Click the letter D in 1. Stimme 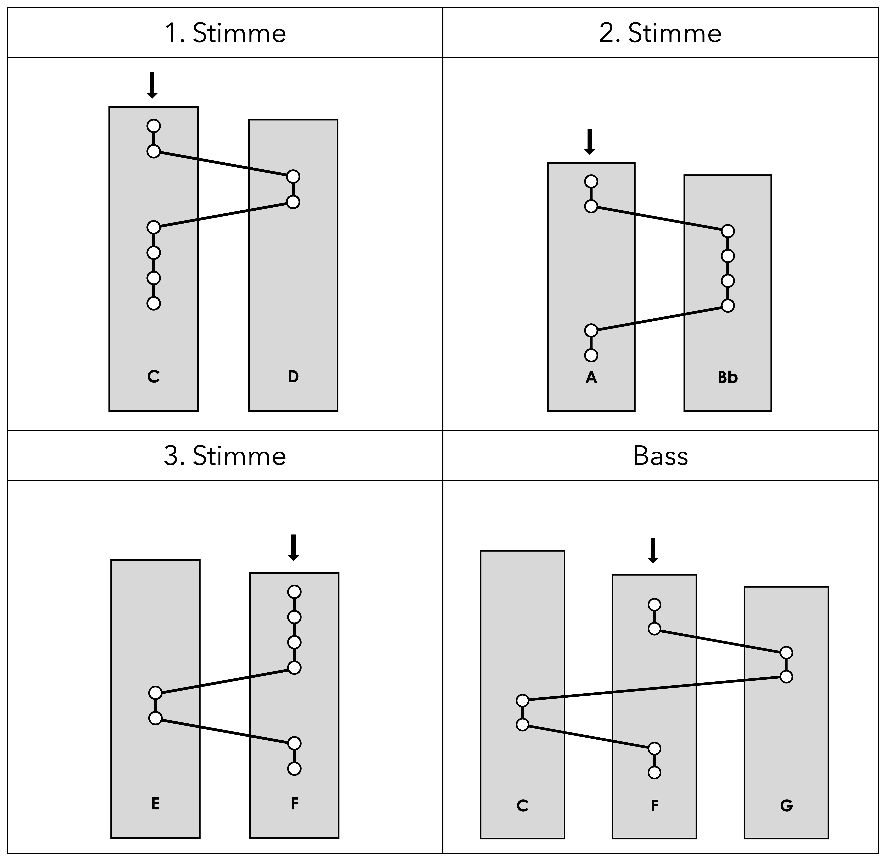point(293,377)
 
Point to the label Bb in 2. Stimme point(727,378)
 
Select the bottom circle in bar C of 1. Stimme point(154,303)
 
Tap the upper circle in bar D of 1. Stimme point(293,176)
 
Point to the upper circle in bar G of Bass point(786,652)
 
